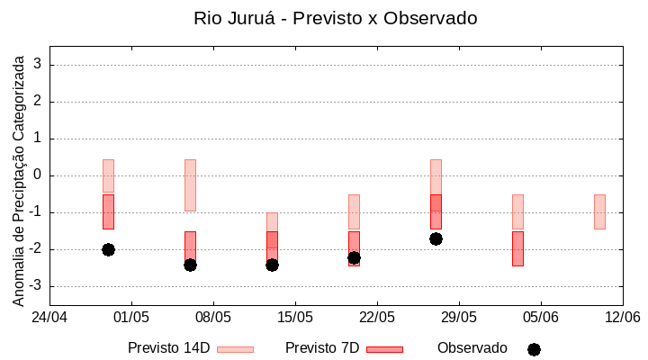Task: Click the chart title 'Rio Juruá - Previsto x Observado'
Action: pyautogui.click(x=336, y=18)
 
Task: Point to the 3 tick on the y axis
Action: pyautogui.click(x=39, y=65)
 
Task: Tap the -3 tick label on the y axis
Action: pyautogui.click(x=36, y=286)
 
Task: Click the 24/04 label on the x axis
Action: pyautogui.click(x=49, y=317)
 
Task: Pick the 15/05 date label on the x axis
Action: pyautogui.click(x=295, y=317)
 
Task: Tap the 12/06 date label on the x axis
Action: pyautogui.click(x=622, y=317)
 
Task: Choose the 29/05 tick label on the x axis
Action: pyautogui.click(x=459, y=317)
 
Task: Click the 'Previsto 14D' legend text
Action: pyautogui.click(x=168, y=348)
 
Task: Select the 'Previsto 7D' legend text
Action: pyautogui.click(x=322, y=348)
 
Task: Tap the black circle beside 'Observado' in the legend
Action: pyautogui.click(x=534, y=349)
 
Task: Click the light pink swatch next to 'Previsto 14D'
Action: pyautogui.click(x=235, y=349)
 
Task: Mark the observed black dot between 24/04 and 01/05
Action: pyautogui.click(x=108, y=249)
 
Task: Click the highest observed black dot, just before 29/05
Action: pyautogui.click(x=436, y=238)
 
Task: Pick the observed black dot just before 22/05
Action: pyautogui.click(x=354, y=257)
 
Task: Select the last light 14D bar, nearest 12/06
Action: pyautogui.click(x=599, y=211)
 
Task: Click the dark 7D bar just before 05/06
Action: pyautogui.click(x=517, y=248)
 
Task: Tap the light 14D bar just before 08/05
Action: pyautogui.click(x=190, y=185)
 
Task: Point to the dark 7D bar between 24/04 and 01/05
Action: pyautogui.click(x=108, y=211)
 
